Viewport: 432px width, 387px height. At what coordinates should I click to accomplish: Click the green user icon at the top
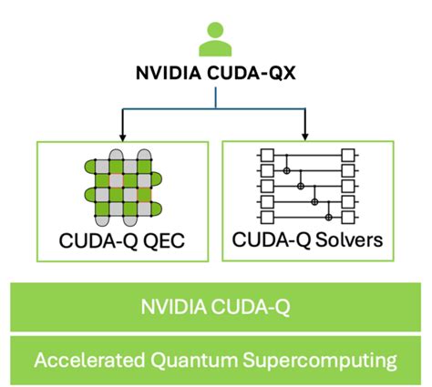coord(215,41)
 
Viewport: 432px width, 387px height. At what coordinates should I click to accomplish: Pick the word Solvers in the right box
coord(345,243)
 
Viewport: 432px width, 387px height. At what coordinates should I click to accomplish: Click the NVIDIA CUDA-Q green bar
coord(215,306)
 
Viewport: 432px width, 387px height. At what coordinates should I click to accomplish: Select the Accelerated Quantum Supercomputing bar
coord(215,359)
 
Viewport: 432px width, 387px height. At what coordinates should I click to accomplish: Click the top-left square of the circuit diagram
coord(268,157)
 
